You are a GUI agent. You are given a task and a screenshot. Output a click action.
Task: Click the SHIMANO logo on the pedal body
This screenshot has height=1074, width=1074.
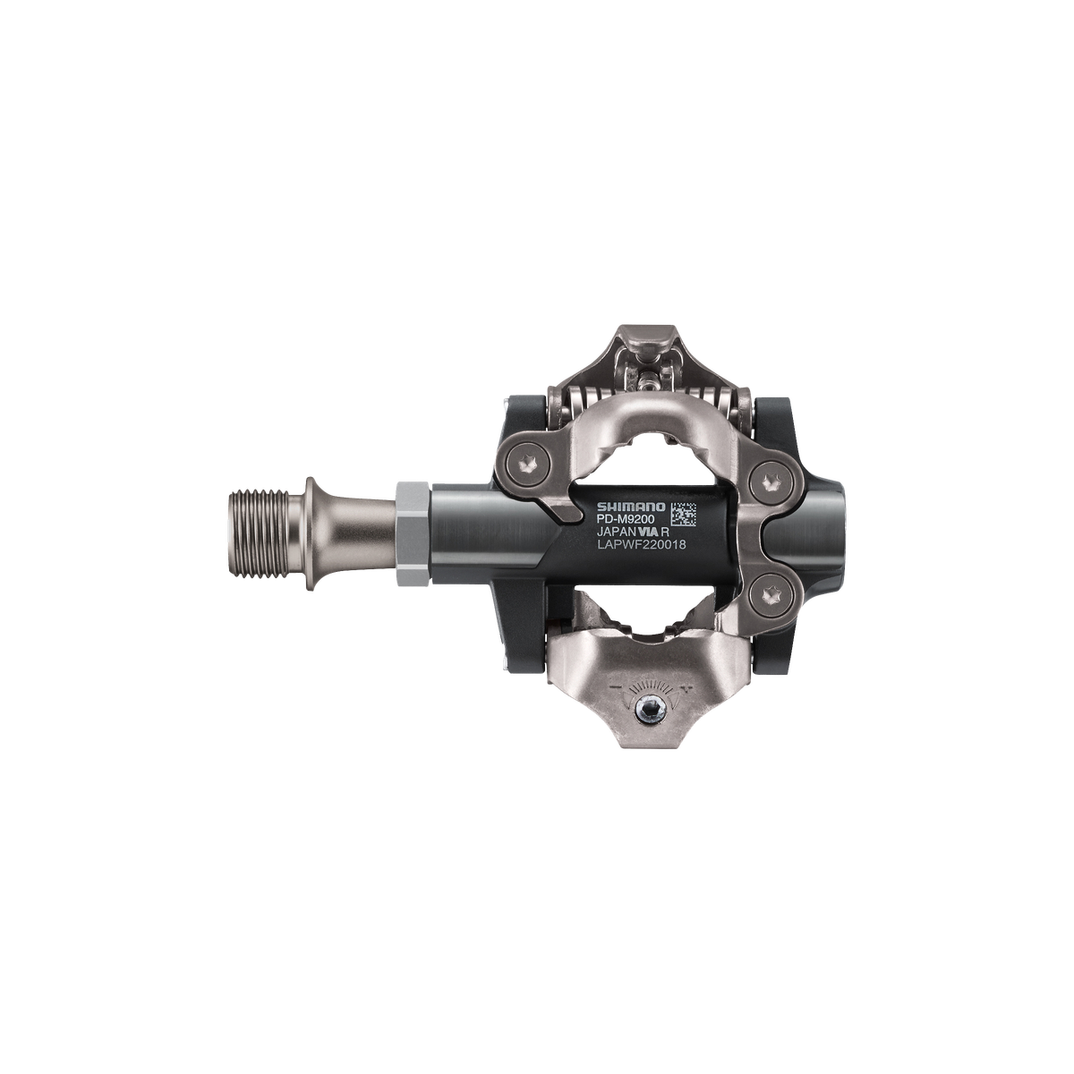[x=632, y=507]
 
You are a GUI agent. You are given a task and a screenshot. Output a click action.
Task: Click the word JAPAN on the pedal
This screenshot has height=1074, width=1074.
[x=615, y=533]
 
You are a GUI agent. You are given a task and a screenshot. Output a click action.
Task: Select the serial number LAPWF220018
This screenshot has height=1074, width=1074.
[x=641, y=546]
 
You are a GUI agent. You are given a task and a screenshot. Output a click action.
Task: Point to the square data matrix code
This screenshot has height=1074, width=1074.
[x=683, y=514]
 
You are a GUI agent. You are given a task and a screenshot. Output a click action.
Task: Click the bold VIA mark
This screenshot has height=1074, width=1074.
[x=645, y=533]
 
